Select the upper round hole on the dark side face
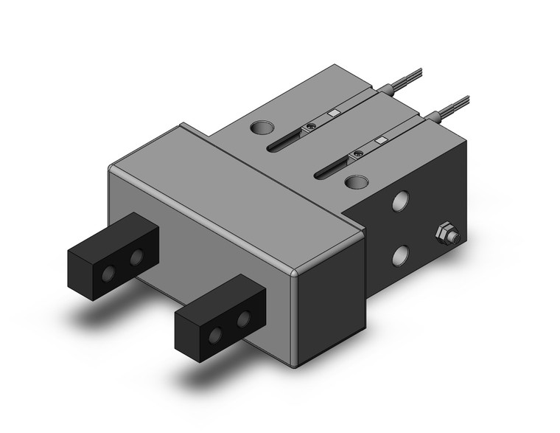(x=402, y=201)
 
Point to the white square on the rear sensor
(x=334, y=113)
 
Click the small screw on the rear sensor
(x=312, y=128)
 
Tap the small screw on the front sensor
(x=358, y=153)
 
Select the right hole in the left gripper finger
(x=136, y=256)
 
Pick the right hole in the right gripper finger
(x=242, y=322)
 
